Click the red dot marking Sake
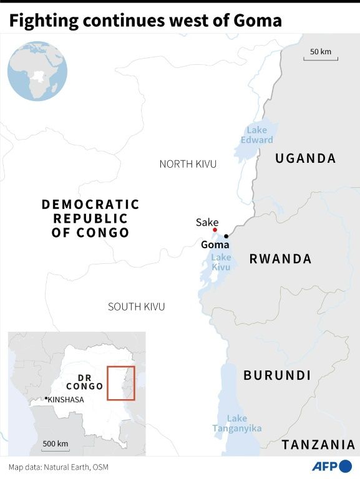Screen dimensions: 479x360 point(215,230)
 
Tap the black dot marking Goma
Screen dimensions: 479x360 point(226,236)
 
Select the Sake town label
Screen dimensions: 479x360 point(207,222)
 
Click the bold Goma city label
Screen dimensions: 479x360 point(215,245)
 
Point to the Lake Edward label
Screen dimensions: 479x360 point(256,135)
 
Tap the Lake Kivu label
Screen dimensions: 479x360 point(221,262)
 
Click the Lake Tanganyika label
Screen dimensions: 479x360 point(236,423)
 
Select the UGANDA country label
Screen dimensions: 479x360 point(306,158)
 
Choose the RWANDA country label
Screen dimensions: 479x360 point(280,259)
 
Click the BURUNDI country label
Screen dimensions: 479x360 point(277,375)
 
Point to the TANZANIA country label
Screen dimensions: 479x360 point(318,445)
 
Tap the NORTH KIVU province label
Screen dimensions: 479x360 point(188,164)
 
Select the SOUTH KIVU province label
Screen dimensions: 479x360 point(136,306)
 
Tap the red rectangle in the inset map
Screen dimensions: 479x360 point(120,383)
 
